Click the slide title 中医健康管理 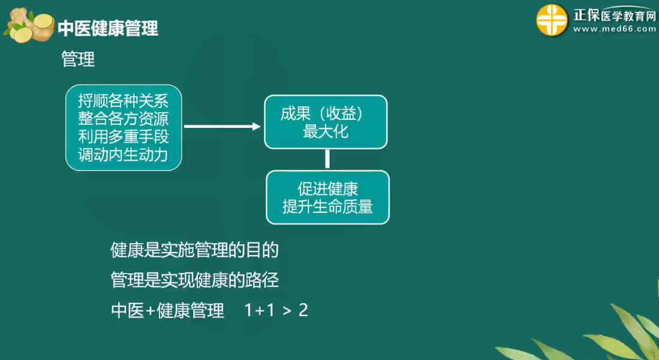[x=108, y=28]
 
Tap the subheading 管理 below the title [x=78, y=58]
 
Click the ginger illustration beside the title [x=29, y=25]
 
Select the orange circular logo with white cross [x=552, y=20]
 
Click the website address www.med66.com [x=615, y=29]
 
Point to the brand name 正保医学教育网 [x=615, y=15]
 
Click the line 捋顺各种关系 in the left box [x=123, y=101]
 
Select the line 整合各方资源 [x=123, y=119]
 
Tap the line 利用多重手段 [x=123, y=137]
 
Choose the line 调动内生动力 [x=123, y=155]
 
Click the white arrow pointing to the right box [x=222, y=126]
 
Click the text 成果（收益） [x=321, y=113]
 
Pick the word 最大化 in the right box [x=326, y=131]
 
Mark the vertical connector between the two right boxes [x=327, y=160]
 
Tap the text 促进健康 [x=328, y=189]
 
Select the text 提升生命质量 [x=328, y=206]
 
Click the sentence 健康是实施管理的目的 [x=195, y=250]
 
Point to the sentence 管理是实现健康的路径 [x=195, y=280]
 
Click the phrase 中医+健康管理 [x=168, y=310]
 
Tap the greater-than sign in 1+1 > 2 [x=287, y=311]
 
